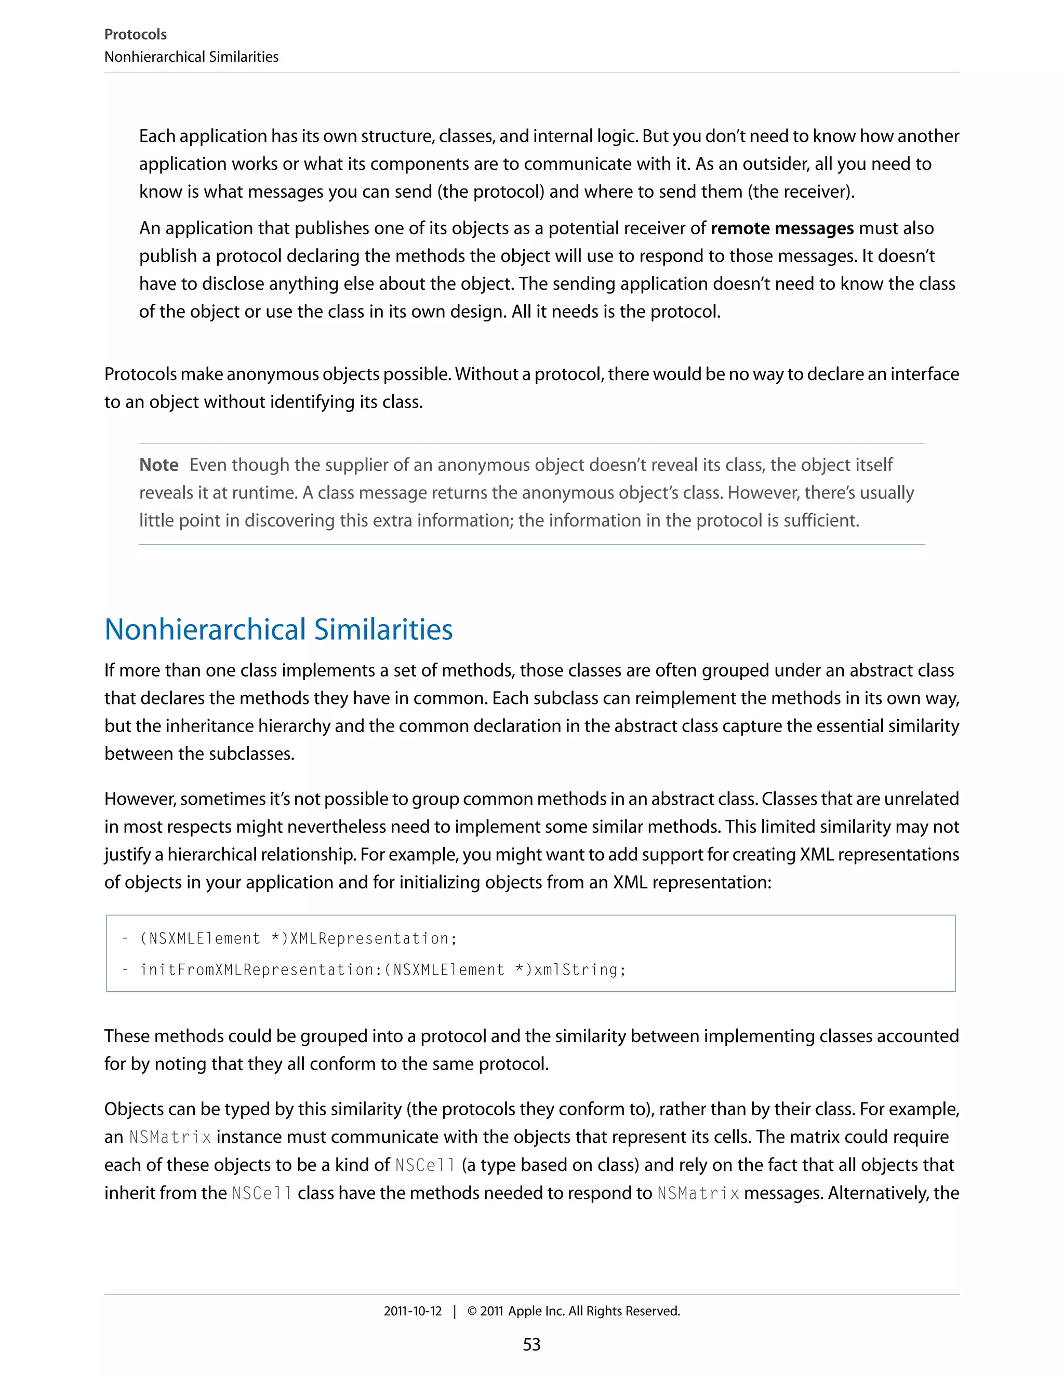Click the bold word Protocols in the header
[135, 34]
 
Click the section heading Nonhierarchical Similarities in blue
[278, 629]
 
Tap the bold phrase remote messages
[781, 228]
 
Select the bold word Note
[159, 465]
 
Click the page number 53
[531, 1344]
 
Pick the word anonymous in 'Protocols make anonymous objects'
[272, 374]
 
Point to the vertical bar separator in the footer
[455, 1311]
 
